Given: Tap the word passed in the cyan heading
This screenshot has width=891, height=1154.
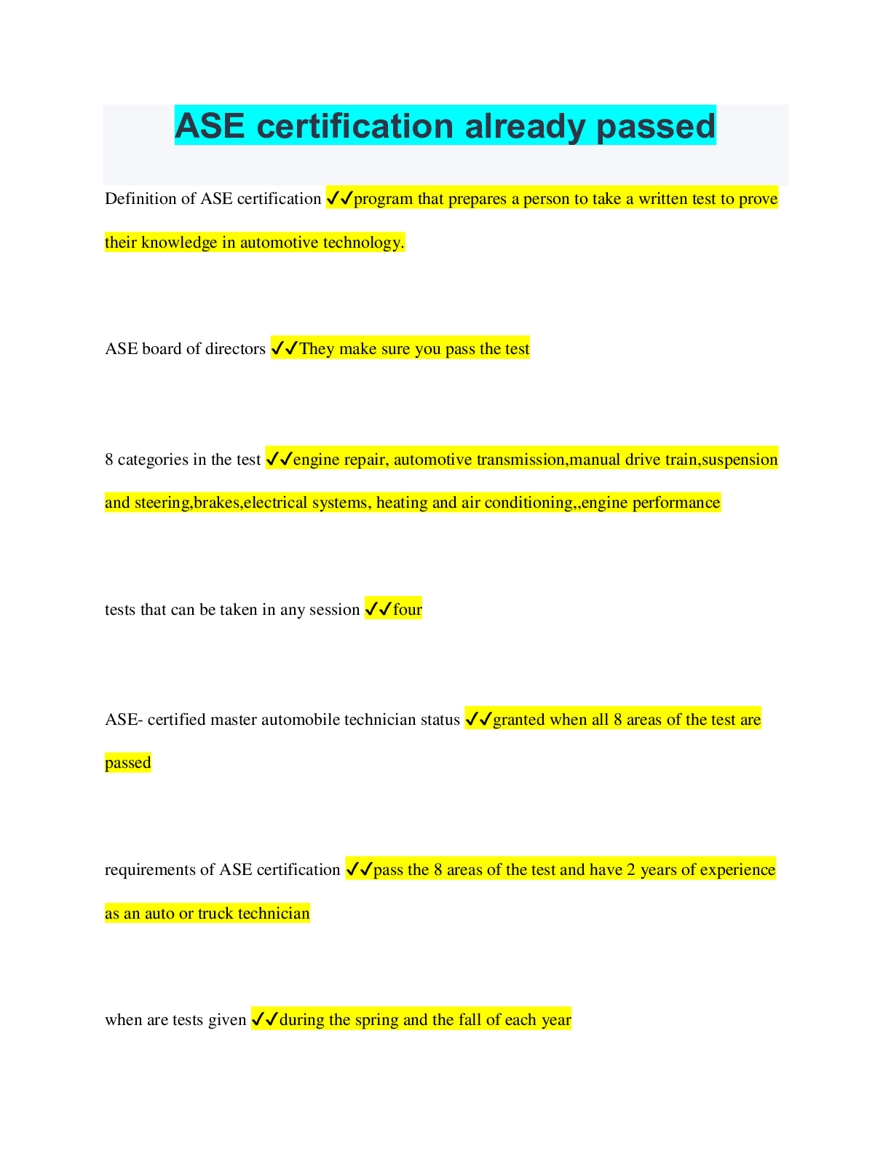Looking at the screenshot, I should pyautogui.click(x=656, y=126).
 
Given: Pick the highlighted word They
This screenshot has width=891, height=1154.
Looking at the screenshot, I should pyautogui.click(x=317, y=349).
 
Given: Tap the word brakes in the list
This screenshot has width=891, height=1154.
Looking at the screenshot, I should pyautogui.click(x=217, y=503).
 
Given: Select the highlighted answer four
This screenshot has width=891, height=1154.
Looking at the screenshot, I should pyautogui.click(x=408, y=610).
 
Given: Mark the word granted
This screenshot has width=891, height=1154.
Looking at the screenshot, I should pyautogui.click(x=519, y=720).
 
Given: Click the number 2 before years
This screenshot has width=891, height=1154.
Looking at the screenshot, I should pyautogui.click(x=631, y=870).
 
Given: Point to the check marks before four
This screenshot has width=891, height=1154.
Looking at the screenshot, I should pyautogui.click(x=379, y=609).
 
